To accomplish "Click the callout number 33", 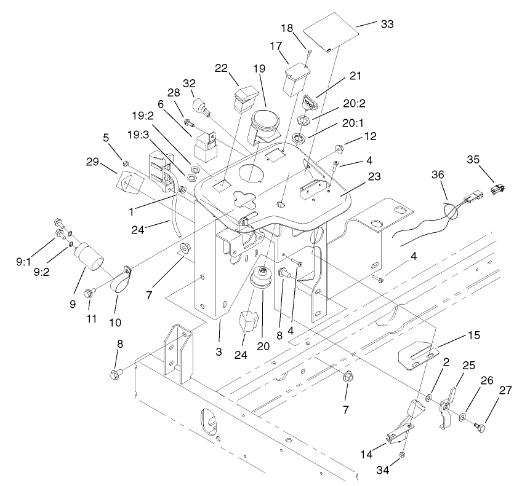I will coord(387,24).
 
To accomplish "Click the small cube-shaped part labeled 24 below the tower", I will coord(249,321).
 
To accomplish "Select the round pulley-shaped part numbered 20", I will coord(263,284).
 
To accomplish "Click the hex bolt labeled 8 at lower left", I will coord(115,373).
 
